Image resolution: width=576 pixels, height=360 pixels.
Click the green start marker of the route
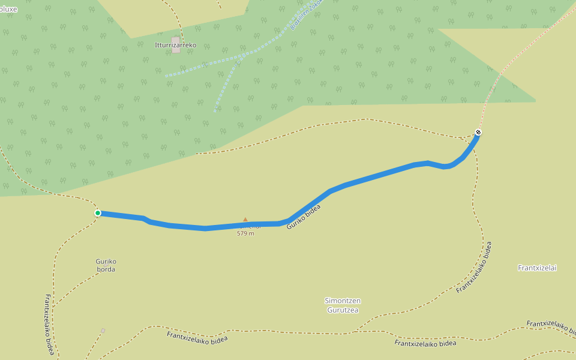[x=98, y=213]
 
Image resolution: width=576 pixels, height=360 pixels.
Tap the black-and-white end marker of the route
[x=478, y=132]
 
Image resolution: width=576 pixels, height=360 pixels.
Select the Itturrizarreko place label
[x=175, y=45]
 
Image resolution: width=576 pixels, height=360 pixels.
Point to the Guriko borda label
[x=106, y=265]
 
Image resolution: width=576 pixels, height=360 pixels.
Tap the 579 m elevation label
[x=245, y=233]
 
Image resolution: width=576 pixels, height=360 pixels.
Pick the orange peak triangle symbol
[x=245, y=220]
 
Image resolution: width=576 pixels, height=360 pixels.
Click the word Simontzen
[x=343, y=301]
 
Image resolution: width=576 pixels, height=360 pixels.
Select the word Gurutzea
[x=343, y=310]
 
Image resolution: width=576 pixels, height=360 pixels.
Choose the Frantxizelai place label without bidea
[x=537, y=268]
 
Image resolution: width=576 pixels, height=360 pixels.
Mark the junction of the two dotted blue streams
[x=238, y=60]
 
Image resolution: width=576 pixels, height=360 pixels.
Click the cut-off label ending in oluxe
[x=8, y=9]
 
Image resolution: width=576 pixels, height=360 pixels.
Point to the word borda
[x=106, y=269]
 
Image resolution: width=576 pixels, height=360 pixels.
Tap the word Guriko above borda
[x=106, y=261]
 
